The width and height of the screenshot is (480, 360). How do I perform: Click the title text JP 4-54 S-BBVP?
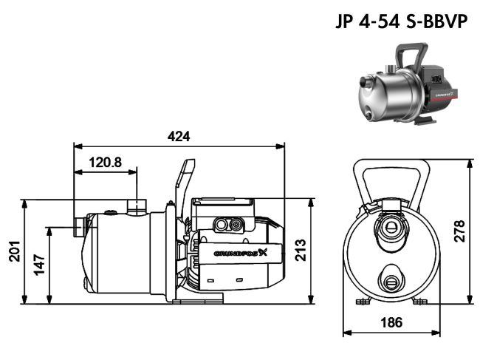pyautogui.click(x=400, y=21)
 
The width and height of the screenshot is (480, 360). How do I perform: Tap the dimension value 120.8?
pyautogui.click(x=106, y=163)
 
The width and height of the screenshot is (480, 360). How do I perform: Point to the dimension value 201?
pyautogui.click(x=14, y=251)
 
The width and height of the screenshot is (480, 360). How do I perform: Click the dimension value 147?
pyautogui.click(x=40, y=264)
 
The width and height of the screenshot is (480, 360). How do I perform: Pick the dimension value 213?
pyautogui.click(x=300, y=251)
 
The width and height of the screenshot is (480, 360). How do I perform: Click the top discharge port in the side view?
pyautogui.click(x=137, y=205)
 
